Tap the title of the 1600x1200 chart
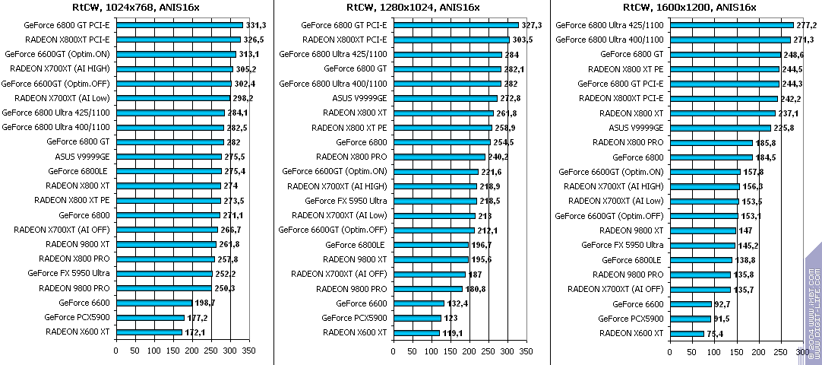(x=689, y=7)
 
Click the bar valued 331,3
(x=179, y=25)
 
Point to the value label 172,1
(x=195, y=332)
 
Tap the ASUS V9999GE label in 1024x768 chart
(x=82, y=157)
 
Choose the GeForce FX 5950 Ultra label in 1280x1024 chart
(x=346, y=201)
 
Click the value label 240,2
(x=501, y=157)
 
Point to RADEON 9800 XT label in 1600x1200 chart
(x=620, y=230)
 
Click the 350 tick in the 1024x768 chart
(x=248, y=351)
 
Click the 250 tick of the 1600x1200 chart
(x=779, y=351)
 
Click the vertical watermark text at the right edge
(x=813, y=304)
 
